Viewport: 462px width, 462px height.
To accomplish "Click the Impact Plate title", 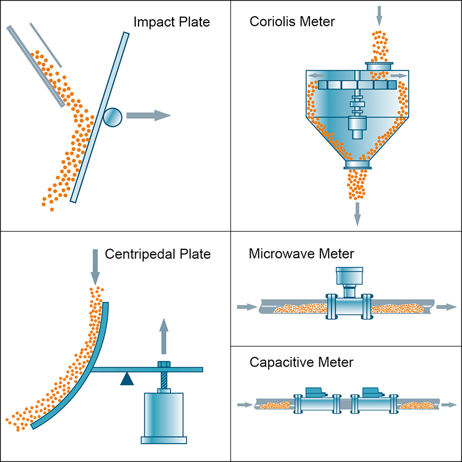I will tap(171, 23).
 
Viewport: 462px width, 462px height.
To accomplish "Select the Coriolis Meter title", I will tap(292, 22).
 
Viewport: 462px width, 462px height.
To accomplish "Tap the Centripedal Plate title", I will tap(158, 254).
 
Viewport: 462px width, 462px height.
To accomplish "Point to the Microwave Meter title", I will tap(301, 254).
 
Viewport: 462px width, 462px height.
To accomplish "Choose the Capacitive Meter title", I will tap(301, 363).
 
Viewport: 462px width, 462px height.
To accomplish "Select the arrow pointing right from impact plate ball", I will tap(148, 115).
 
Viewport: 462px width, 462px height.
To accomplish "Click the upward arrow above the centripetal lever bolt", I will tap(164, 335).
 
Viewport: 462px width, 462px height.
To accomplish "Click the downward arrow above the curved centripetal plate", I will tap(95, 266).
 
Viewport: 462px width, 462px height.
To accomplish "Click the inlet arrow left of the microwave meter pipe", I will tap(246, 307).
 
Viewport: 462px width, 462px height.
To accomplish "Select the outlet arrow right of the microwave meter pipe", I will tap(446, 307).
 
